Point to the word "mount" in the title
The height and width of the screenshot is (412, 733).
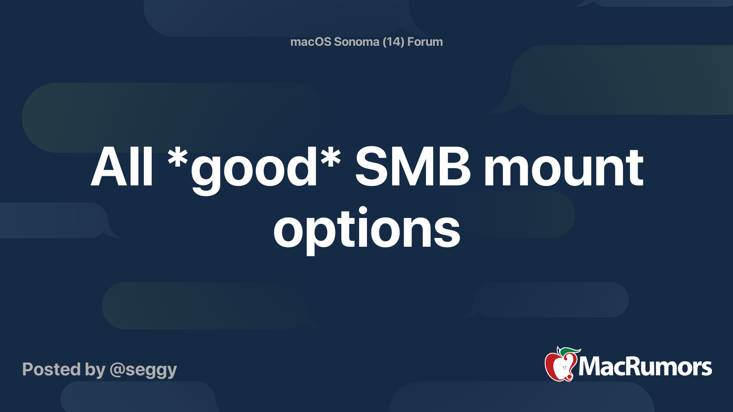[x=563, y=168]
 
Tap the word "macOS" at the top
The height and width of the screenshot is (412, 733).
[x=311, y=42]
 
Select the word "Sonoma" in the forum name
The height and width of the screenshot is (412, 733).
[x=357, y=42]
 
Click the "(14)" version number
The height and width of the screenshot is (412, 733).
[x=393, y=42]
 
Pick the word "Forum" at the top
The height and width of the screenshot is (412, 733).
[x=425, y=42]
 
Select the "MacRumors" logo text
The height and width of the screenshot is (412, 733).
[x=645, y=367]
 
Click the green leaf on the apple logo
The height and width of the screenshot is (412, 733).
[x=570, y=352]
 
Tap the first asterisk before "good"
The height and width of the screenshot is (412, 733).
[x=178, y=158]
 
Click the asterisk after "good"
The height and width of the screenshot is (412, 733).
[x=330, y=158]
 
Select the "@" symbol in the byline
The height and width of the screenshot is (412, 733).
[x=117, y=370]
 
